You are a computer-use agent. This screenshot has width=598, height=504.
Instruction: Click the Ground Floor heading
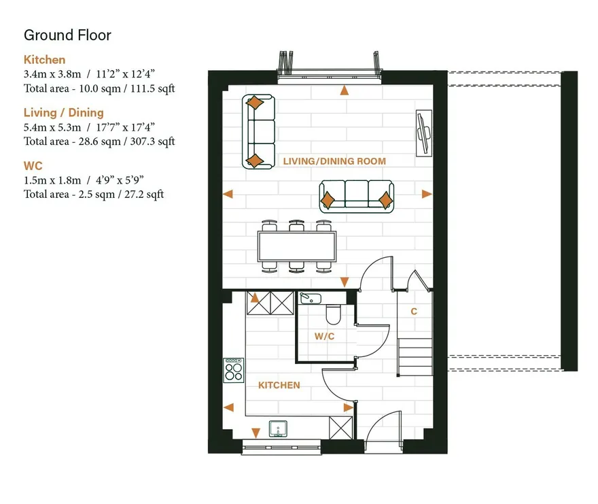tap(67, 35)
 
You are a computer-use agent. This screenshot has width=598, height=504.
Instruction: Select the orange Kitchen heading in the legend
tap(44, 60)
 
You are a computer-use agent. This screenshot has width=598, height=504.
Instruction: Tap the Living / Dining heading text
tap(64, 113)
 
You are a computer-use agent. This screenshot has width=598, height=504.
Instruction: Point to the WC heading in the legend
tap(33, 166)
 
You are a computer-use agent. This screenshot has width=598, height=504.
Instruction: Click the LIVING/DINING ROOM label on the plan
tap(334, 161)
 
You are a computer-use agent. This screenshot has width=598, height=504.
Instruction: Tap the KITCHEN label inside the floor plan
tap(279, 385)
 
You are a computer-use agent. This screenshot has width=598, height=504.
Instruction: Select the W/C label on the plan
tap(325, 337)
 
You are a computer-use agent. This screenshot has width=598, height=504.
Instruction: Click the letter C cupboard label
tap(414, 312)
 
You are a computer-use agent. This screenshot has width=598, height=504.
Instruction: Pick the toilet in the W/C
tap(334, 314)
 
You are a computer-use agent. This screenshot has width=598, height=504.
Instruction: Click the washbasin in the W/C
tap(311, 298)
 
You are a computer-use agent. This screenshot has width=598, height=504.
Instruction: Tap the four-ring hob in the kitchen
tap(233, 371)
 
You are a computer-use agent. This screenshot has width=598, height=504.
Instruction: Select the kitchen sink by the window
tap(278, 429)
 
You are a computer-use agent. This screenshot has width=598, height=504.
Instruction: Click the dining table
tap(297, 246)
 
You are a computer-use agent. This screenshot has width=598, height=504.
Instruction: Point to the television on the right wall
tap(424, 133)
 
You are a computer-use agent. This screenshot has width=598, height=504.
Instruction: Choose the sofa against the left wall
tap(259, 132)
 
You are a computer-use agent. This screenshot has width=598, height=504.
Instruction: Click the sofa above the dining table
tap(356, 197)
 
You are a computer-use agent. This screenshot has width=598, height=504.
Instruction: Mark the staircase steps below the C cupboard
tap(415, 357)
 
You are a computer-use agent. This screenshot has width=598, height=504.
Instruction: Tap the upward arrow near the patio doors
tap(345, 90)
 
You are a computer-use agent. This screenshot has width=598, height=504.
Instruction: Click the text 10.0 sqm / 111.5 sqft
tap(127, 88)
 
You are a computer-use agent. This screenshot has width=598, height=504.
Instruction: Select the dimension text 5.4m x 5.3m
tap(52, 127)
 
